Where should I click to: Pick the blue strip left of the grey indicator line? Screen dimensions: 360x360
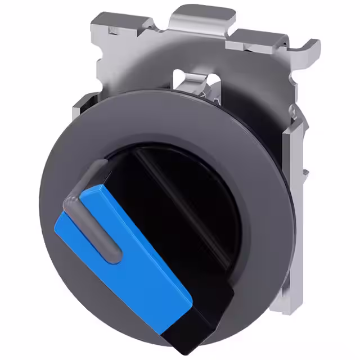[x=73, y=236]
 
